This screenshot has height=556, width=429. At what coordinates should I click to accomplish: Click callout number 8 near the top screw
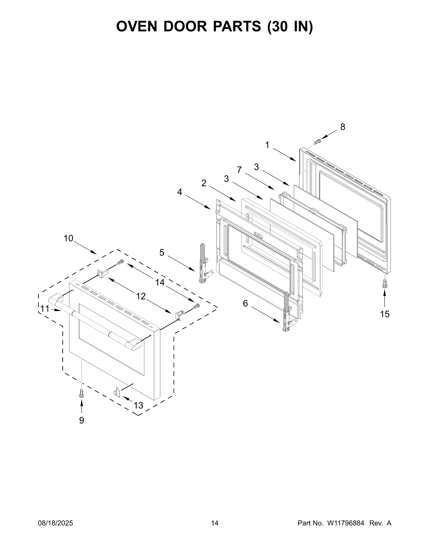click(343, 127)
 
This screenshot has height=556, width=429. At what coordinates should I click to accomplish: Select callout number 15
click(385, 314)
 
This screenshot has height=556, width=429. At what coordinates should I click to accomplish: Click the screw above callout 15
click(384, 283)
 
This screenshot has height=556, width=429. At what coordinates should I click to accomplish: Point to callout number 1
click(267, 145)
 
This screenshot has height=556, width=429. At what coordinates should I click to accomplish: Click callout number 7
click(239, 170)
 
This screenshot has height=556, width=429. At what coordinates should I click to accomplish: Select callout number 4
click(179, 192)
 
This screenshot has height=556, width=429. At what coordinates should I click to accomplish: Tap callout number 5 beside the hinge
click(162, 252)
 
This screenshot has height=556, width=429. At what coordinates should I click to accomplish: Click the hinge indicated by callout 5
click(202, 263)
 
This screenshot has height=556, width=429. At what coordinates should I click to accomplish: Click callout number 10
click(68, 238)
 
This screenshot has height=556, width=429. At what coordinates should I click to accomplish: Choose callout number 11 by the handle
click(45, 309)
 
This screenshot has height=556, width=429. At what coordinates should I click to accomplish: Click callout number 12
click(141, 296)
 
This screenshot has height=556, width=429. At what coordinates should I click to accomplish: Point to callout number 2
click(204, 183)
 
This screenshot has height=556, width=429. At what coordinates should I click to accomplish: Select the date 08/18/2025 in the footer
click(56, 523)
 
